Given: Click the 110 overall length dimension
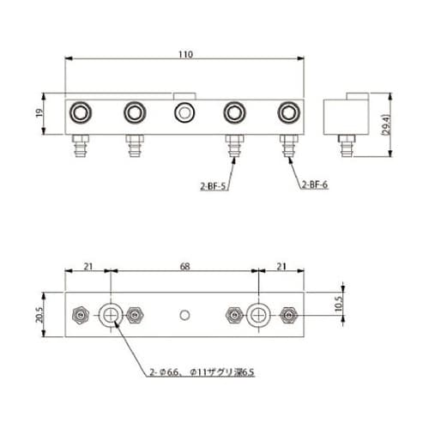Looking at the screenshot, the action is point(185,54).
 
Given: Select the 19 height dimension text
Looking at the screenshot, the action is point(39,112).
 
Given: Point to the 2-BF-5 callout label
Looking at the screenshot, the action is point(213,187).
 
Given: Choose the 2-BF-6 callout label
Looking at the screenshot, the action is point(315,184).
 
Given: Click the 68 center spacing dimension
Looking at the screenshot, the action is point(185,266).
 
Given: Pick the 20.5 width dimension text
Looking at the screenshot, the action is point(39,315).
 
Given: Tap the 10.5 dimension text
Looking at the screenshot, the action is point(338,304).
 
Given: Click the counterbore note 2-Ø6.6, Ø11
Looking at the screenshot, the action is point(202,372).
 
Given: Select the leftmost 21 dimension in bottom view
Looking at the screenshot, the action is point(88,266).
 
